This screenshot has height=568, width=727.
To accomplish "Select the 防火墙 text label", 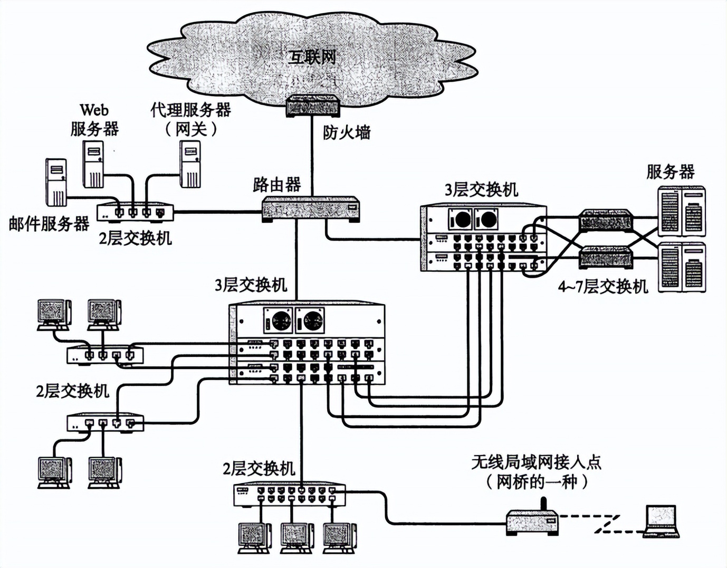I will click(x=347, y=132).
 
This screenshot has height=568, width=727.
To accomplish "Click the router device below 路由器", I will click(x=311, y=209).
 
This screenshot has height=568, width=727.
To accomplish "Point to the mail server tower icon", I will click(x=56, y=182).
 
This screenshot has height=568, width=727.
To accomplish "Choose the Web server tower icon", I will click(x=93, y=165).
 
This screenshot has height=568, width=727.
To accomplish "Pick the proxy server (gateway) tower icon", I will click(x=190, y=165).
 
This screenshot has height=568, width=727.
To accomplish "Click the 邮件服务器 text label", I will click(x=49, y=224).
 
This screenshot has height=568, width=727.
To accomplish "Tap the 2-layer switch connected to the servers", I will click(x=135, y=212).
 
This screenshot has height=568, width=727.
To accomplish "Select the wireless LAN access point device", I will click(x=532, y=522).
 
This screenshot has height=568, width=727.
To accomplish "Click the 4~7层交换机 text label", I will click(x=602, y=287).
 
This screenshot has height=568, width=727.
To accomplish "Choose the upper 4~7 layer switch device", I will click(x=605, y=221).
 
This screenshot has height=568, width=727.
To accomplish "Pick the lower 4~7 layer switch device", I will click(x=605, y=258).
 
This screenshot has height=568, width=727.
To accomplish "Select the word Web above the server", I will click(x=94, y=110).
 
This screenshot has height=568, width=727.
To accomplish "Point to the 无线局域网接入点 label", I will click(x=535, y=462).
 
